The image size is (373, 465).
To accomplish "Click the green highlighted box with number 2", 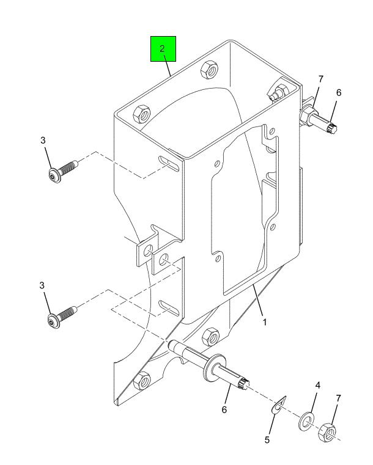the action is (x=163, y=49).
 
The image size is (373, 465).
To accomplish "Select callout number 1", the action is (x=264, y=322).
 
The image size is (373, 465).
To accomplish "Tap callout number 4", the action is (x=318, y=386).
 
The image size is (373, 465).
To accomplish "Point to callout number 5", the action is (x=267, y=440).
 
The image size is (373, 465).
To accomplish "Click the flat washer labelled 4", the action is (x=306, y=420).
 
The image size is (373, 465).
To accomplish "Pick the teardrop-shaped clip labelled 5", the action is (x=279, y=405).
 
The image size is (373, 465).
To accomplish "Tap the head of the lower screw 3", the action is (x=54, y=321).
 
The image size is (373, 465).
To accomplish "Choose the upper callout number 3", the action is (x=43, y=141).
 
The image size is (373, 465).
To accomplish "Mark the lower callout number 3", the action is (x=42, y=285).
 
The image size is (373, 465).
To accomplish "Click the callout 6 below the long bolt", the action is (x=224, y=409).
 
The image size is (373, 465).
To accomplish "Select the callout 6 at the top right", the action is (x=339, y=92).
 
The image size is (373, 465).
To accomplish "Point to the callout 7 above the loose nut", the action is (x=339, y=398).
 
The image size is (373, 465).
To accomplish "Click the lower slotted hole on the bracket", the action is (x=169, y=308).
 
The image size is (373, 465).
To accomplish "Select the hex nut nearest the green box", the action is (x=209, y=70).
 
